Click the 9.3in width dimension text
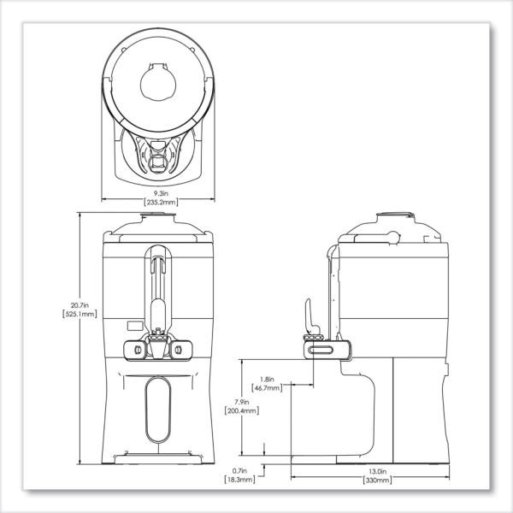coord(161,193)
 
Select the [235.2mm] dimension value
coord(161,203)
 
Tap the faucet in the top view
coord(160,155)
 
